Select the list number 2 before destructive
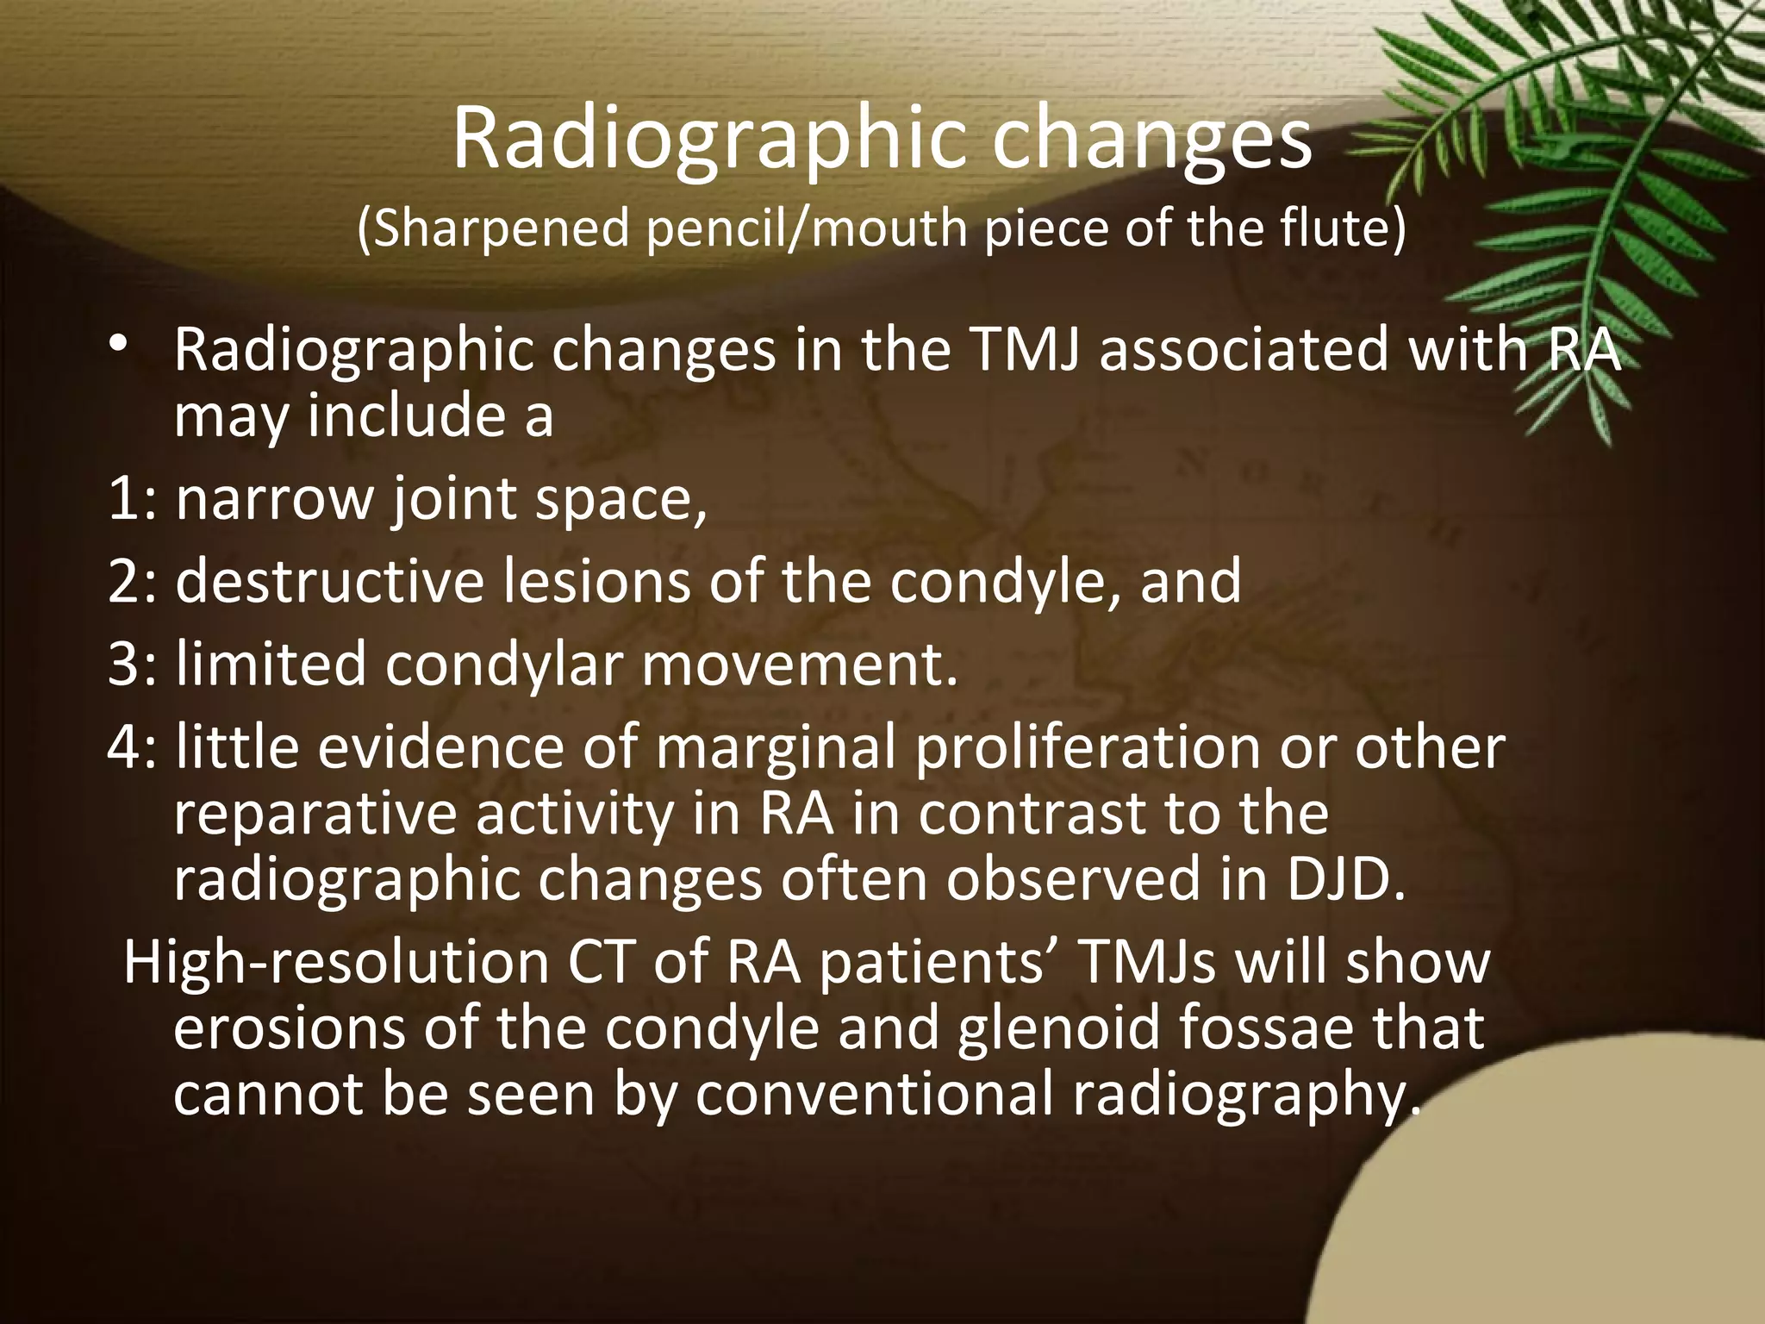coord(125,581)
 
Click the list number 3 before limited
coord(125,664)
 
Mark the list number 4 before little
coord(125,746)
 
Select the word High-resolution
coord(336,962)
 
